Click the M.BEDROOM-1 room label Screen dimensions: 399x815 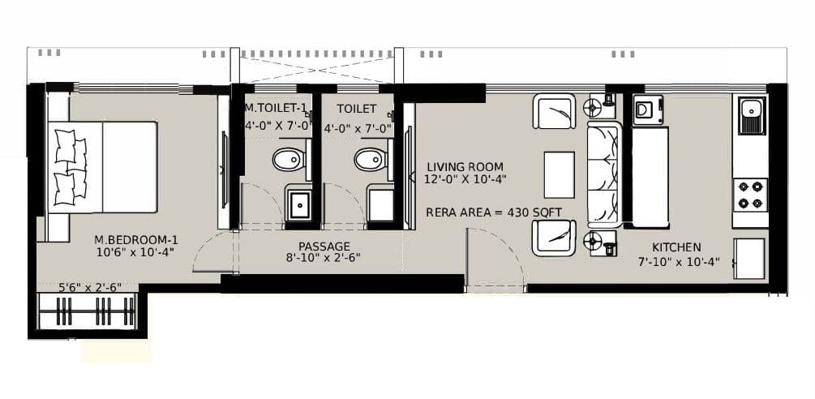136,239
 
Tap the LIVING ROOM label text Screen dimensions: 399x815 465,167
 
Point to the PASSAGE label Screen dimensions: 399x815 324,246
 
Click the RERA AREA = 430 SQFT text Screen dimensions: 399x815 495,212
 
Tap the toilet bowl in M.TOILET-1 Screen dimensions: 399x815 288,161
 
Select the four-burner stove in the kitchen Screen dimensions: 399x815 750,195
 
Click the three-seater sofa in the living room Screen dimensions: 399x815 604,174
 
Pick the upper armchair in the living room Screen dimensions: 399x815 554,111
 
